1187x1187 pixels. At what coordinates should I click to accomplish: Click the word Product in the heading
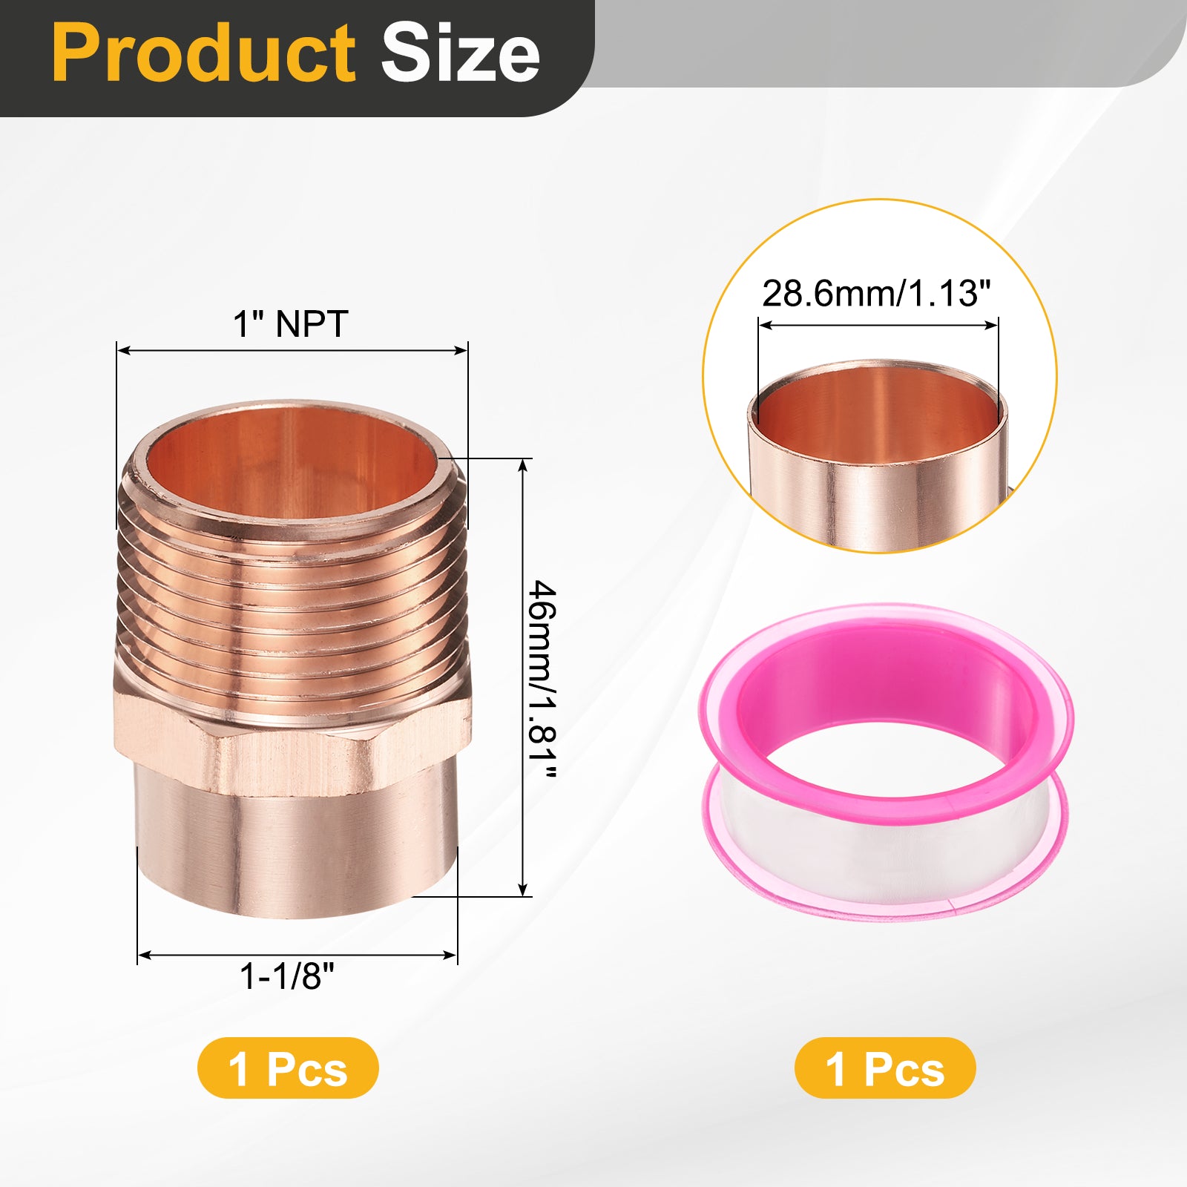click(203, 53)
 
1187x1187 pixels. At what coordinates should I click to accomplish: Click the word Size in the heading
click(460, 53)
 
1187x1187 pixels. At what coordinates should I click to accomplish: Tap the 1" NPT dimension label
click(290, 324)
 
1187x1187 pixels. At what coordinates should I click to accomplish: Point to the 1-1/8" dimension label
click(287, 976)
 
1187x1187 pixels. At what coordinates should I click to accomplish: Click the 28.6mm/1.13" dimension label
click(876, 293)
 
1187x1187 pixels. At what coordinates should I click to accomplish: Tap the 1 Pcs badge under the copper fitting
click(288, 1068)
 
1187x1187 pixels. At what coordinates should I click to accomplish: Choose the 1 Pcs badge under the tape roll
click(885, 1068)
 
